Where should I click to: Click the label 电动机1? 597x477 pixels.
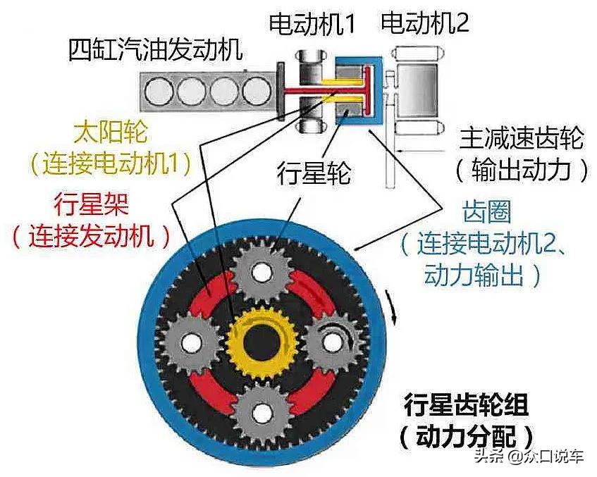(x=312, y=23)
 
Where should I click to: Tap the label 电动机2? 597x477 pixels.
(x=424, y=23)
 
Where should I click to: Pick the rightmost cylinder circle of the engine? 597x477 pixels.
(x=257, y=92)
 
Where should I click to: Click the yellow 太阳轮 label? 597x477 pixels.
(x=111, y=133)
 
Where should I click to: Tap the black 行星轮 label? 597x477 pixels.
(x=314, y=174)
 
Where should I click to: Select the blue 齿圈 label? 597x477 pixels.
(x=486, y=211)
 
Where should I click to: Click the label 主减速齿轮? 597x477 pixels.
(x=522, y=138)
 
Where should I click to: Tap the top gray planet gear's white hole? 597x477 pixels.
(x=261, y=272)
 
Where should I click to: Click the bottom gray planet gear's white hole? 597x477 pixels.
(x=262, y=411)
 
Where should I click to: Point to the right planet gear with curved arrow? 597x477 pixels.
(x=332, y=342)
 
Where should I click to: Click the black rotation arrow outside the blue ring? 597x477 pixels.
(x=392, y=309)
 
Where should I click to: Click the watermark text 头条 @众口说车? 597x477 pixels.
(x=529, y=456)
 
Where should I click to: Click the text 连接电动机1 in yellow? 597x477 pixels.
(x=111, y=164)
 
